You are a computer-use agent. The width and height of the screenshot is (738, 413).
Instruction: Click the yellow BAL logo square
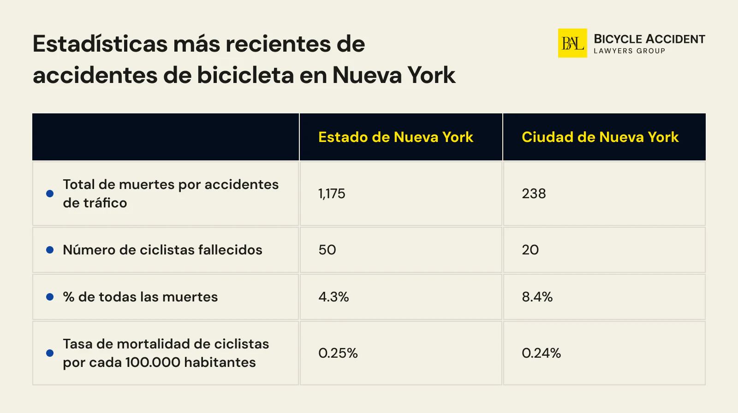(572, 43)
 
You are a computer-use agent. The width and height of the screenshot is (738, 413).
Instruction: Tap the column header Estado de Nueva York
(396, 137)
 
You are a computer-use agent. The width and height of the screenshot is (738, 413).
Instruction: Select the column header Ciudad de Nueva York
(600, 137)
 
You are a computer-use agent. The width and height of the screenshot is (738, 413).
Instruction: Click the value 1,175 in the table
(332, 194)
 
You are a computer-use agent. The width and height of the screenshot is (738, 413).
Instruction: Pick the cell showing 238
(534, 194)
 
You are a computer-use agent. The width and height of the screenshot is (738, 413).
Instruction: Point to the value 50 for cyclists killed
(327, 250)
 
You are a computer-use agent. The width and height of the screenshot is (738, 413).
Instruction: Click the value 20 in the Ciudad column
(530, 250)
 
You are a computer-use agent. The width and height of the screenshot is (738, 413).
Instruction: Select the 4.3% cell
(333, 297)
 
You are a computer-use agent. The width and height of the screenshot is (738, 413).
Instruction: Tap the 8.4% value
(537, 297)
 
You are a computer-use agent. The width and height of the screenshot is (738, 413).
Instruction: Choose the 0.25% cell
(338, 353)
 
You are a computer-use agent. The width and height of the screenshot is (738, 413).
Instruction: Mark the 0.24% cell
(541, 353)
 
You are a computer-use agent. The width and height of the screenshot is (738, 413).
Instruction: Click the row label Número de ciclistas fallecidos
(162, 250)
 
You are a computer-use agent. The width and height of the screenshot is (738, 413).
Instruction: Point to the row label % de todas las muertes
(140, 297)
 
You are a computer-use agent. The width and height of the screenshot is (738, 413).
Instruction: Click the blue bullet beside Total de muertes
(50, 194)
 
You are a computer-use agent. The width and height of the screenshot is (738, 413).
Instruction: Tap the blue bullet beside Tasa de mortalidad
(50, 353)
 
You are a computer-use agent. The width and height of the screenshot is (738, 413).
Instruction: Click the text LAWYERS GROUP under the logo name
(629, 51)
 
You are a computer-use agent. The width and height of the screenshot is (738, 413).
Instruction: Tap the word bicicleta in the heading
(245, 75)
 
